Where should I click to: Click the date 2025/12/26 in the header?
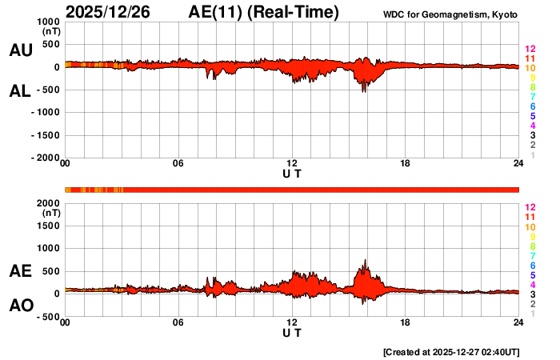[x=115, y=12]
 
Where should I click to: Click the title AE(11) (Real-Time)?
[x=263, y=12]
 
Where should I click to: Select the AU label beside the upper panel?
[x=20, y=50]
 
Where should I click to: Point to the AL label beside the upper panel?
[x=20, y=91]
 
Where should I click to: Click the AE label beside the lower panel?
[x=20, y=271]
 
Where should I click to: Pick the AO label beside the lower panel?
[x=20, y=306]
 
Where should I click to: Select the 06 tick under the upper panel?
[x=178, y=164]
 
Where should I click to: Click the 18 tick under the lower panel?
[x=406, y=322]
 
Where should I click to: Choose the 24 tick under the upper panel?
[x=518, y=164]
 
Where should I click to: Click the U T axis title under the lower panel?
[x=292, y=331]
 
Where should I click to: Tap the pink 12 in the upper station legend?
[x=530, y=50]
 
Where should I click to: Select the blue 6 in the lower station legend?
[x=532, y=265]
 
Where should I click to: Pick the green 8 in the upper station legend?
[x=532, y=88]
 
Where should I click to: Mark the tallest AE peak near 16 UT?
[x=366, y=260]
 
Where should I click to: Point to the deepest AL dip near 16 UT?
[x=365, y=92]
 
